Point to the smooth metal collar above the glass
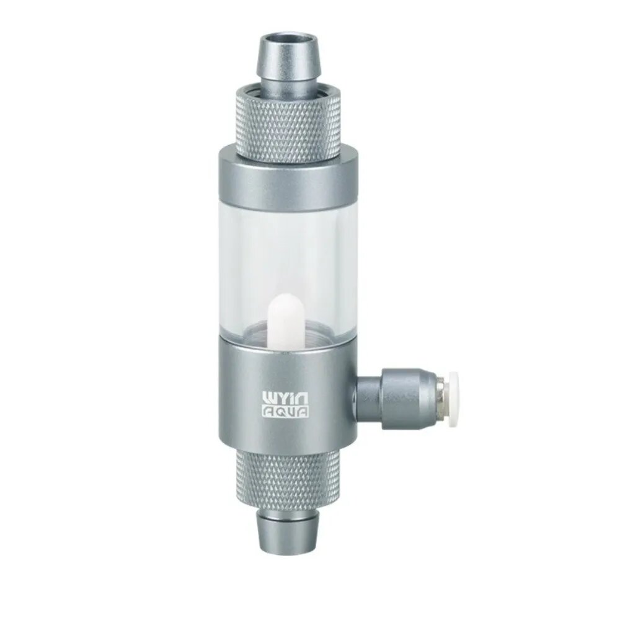tap(288, 178)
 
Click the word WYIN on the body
tap(286, 399)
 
